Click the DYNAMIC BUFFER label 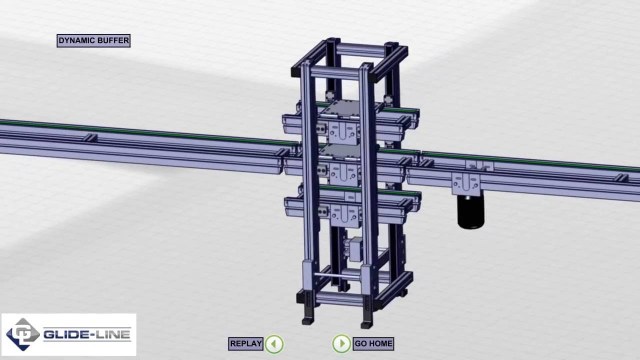[x=93, y=40]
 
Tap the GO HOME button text [x=373, y=344]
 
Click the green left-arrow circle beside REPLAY [x=274, y=344]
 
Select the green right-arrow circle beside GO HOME [x=341, y=344]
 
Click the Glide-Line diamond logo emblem [x=22, y=335]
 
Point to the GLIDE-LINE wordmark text [x=87, y=335]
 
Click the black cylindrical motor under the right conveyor [x=471, y=211]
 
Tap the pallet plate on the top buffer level [x=338, y=109]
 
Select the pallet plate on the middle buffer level [x=339, y=153]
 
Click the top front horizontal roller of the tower [x=336, y=73]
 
